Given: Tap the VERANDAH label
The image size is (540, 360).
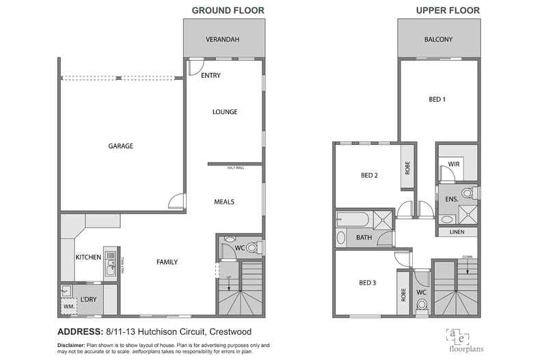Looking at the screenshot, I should point(223,40).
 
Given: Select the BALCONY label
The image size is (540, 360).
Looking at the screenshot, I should point(437,40).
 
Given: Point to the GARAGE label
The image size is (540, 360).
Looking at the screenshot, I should point(120,146).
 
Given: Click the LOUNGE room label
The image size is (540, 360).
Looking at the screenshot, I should point(224,112).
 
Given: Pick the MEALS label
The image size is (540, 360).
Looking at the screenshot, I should point(224,202).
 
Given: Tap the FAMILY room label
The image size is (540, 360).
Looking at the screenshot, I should point(167,262).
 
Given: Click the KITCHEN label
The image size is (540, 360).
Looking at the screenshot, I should point(89,258).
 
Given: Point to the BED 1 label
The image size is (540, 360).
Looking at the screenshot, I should point(437,100).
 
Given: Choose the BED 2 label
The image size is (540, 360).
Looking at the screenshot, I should point(369,175).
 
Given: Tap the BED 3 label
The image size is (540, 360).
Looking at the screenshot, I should point(368,283).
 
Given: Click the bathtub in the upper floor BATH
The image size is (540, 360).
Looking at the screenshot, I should point(353,219).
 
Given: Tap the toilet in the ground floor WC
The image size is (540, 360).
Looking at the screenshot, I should point(251,247).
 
